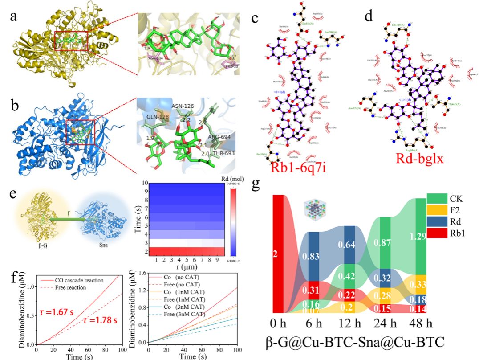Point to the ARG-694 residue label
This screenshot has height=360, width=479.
(219, 137)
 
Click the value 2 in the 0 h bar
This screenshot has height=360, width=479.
(275, 254)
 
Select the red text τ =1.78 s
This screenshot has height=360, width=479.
(100, 321)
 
